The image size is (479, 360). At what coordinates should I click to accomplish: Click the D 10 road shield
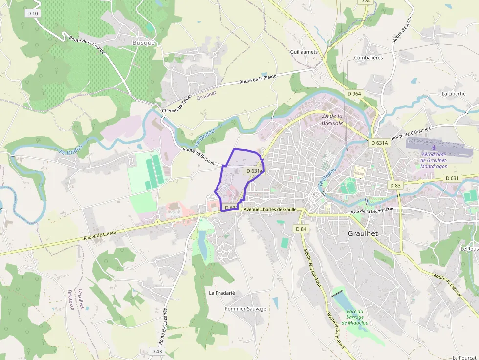point(32,13)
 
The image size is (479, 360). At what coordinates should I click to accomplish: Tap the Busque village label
point(144,42)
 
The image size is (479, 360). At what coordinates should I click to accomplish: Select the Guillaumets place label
point(304,52)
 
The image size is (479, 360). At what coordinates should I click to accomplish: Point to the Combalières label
point(369,57)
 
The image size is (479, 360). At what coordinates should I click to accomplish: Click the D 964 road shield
point(354,93)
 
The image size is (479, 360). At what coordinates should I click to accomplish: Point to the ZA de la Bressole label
point(332,119)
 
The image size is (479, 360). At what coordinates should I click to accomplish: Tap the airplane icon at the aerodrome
point(434,147)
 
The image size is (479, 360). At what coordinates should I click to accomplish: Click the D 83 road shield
point(395,186)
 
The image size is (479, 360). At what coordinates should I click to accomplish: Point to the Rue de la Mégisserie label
point(372,212)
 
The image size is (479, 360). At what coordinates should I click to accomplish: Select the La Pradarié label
point(222,293)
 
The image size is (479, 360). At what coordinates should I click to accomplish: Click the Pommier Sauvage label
point(245,309)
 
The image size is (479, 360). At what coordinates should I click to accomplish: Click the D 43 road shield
point(156,351)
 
